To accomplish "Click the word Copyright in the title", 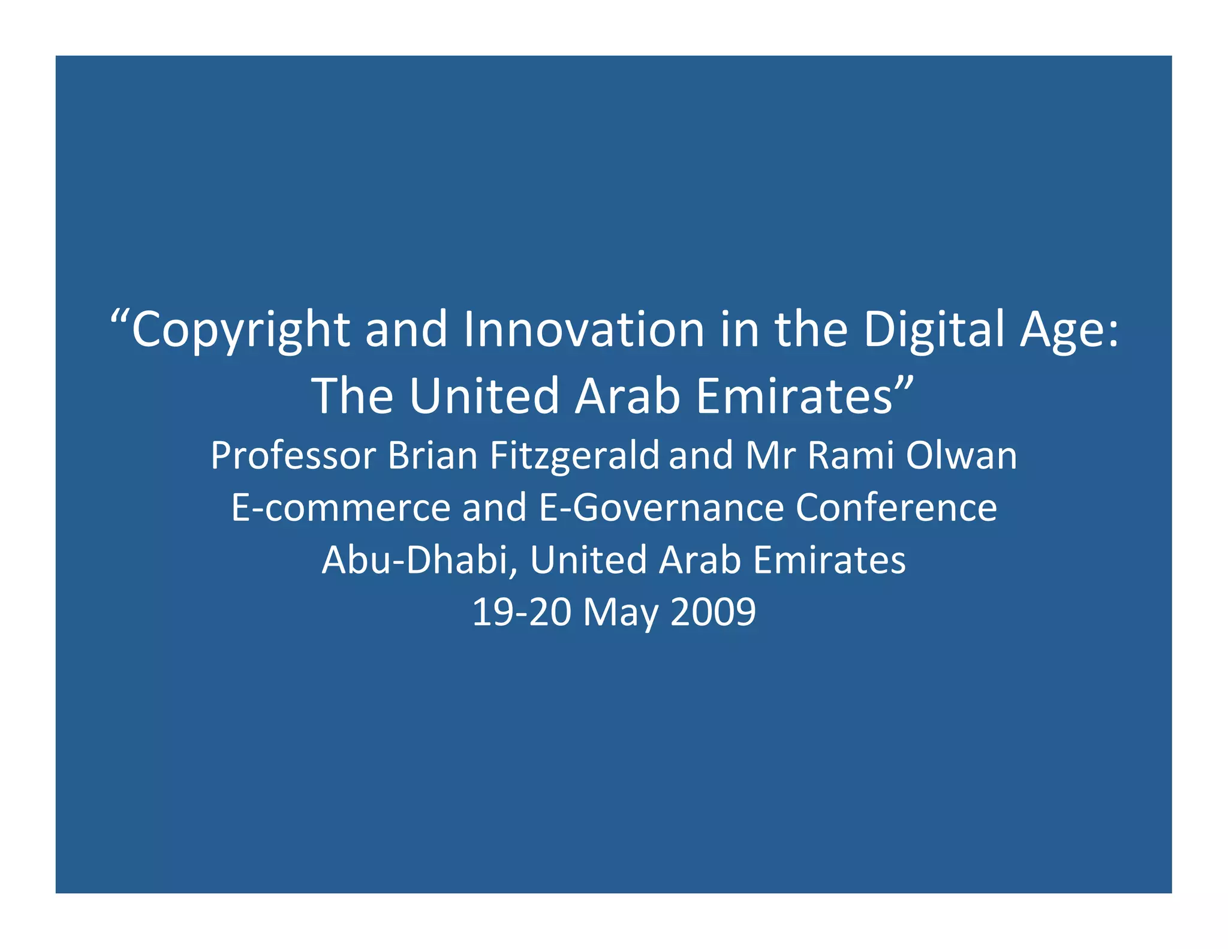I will click(240, 330).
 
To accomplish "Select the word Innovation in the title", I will click(583, 330).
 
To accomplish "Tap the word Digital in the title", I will click(934, 330).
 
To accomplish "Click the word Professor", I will click(293, 456).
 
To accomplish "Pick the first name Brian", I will click(432, 456).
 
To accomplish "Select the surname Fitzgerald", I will click(574, 456).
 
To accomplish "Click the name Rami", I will click(850, 456).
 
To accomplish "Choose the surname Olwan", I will click(961, 456).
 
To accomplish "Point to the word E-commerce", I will click(341, 508).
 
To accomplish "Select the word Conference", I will click(896, 508).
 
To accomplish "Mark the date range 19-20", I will click(521, 612).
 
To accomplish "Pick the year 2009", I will click(713, 612).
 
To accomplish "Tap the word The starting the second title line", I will click(353, 397).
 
